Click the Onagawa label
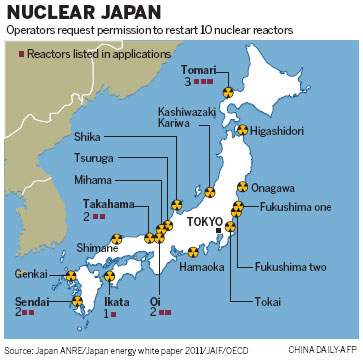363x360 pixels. click(271, 187)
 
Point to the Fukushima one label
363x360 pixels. click(284, 208)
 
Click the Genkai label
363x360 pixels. click(31, 273)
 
